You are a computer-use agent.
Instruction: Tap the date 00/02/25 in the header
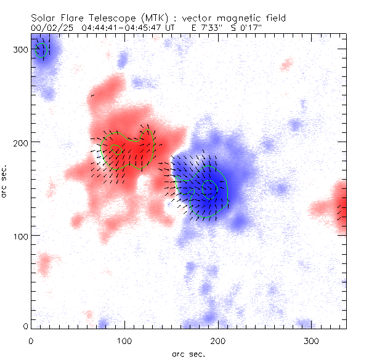click(49, 28)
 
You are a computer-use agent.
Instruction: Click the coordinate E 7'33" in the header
click(202, 28)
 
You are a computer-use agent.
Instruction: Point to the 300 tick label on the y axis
click(20, 49)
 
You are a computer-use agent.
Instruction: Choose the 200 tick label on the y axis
click(20, 142)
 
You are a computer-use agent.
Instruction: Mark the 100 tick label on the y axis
click(20, 235)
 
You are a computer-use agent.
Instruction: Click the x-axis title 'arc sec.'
click(188, 354)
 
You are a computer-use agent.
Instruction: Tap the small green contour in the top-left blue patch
click(42, 49)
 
